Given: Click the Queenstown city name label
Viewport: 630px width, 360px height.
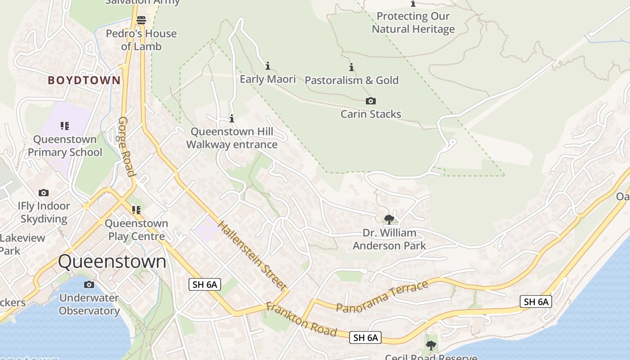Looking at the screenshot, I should click(x=112, y=261).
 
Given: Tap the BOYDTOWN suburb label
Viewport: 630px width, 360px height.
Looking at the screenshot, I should click(x=84, y=81).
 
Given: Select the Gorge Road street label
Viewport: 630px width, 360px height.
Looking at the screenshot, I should click(x=126, y=147).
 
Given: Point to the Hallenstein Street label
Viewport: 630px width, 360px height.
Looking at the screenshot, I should click(x=252, y=255).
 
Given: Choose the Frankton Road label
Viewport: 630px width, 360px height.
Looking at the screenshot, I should click(x=301, y=319).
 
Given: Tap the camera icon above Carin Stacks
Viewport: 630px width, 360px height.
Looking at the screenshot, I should click(x=370, y=101).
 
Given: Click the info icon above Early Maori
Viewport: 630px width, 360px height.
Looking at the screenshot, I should click(x=268, y=66).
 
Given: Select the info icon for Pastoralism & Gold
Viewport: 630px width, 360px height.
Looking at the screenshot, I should click(x=351, y=67).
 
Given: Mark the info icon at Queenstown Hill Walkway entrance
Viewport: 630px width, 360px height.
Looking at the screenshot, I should click(x=232, y=119).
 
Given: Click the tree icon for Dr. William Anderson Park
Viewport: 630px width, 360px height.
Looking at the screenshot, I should click(x=389, y=220).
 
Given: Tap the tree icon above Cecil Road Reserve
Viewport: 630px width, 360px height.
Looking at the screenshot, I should click(x=431, y=346).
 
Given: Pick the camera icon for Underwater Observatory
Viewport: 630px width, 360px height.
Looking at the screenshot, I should click(x=89, y=284).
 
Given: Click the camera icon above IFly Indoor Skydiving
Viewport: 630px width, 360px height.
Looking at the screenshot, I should click(x=44, y=193).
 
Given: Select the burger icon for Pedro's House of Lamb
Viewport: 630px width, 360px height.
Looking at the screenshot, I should click(x=141, y=20).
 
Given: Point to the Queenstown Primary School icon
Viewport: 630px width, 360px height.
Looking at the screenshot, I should click(x=65, y=126).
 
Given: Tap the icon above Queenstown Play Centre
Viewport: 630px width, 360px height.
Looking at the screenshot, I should click(x=136, y=210).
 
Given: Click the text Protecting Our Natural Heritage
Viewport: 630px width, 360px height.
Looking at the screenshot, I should click(x=413, y=23).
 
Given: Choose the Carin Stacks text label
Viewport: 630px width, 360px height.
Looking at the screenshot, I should click(x=371, y=114).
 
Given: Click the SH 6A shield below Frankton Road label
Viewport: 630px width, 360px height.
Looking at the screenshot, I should click(x=365, y=337).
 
